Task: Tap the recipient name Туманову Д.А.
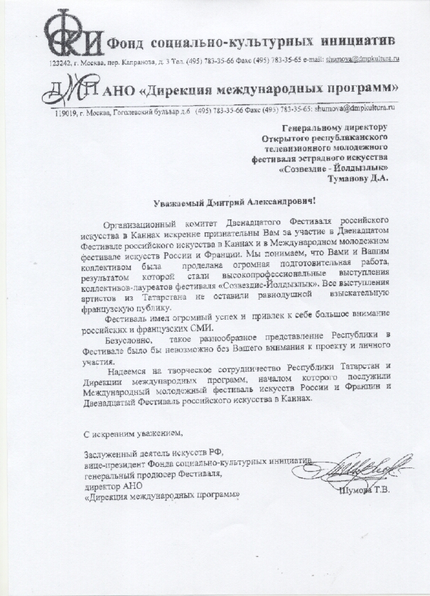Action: coord(360,179)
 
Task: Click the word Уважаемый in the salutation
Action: coord(181,202)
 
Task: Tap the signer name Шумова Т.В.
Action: coord(367,489)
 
